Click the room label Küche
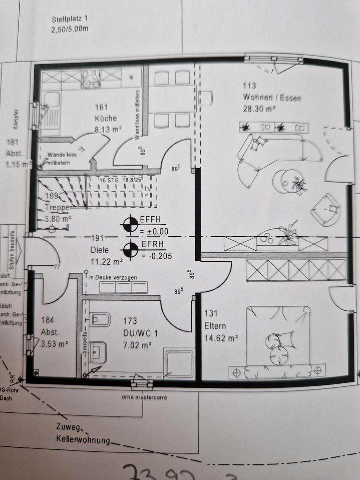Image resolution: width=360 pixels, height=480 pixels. click(105, 118)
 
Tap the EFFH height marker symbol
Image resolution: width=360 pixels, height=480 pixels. click(131, 225)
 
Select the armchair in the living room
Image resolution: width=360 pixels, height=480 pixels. click(325, 208)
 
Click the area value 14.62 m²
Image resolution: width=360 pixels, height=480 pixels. click(221, 338)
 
